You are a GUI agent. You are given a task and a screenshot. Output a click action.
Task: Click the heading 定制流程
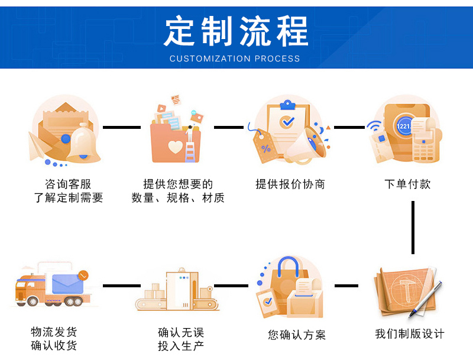pos(236,31)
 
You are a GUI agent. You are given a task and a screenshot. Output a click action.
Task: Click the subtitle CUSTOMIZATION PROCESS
pos(235,59)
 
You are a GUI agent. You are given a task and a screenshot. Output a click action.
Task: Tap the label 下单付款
pos(407,184)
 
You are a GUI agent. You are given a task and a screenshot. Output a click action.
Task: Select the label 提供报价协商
pos(290,184)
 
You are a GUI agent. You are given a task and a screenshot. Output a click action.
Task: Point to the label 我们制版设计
pos(410,333)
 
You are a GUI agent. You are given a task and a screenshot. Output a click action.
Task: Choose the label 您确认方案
pos(297,335)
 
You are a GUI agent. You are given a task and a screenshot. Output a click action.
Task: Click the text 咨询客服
pos(68,184)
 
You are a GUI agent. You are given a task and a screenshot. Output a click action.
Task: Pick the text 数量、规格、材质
pos(178,198)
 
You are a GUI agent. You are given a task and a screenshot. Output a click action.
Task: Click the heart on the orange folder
pos(176,145)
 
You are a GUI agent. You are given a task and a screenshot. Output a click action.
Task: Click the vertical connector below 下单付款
pos(412,228)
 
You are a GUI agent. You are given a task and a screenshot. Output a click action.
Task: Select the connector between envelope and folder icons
pos(121,127)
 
